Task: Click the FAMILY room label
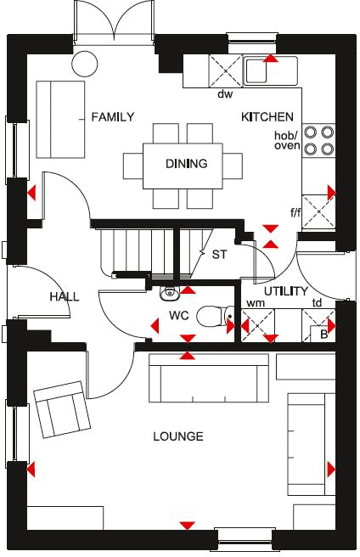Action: [x=112, y=117]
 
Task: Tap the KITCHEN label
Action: [x=267, y=116]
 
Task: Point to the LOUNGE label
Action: [x=178, y=436]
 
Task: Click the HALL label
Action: [x=65, y=296]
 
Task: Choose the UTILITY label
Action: [x=285, y=291]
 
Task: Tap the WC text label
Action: [x=178, y=315]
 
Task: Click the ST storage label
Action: [x=220, y=254]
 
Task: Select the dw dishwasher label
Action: [x=225, y=93]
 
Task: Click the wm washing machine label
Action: [x=255, y=303]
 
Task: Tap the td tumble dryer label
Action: [x=317, y=303]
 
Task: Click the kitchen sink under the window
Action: [x=269, y=70]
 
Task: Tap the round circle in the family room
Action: [x=84, y=62]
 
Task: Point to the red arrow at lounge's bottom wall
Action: [x=186, y=525]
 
